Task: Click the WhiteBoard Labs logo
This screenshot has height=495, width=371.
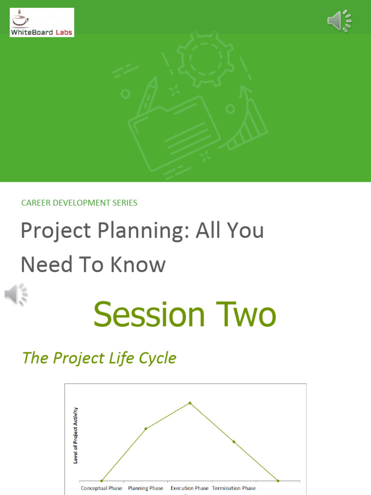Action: (x=42, y=22)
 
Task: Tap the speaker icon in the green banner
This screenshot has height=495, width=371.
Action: (x=339, y=21)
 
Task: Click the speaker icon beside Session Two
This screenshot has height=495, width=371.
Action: (x=16, y=294)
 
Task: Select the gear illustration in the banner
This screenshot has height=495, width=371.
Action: (x=205, y=59)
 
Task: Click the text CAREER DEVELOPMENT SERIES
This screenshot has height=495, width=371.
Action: (x=79, y=203)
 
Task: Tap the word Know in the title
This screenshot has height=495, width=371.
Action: (x=140, y=264)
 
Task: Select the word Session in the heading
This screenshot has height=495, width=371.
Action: (x=149, y=315)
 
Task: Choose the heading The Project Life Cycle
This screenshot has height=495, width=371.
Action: (x=99, y=358)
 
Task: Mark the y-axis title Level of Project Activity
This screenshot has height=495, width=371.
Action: (x=76, y=436)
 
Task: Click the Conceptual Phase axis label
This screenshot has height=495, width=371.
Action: (x=101, y=488)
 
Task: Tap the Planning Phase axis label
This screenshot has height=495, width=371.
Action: (x=145, y=488)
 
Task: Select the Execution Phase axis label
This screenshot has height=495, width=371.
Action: (x=189, y=488)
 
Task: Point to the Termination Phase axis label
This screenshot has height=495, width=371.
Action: (x=234, y=488)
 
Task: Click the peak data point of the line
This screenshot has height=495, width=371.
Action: (x=190, y=403)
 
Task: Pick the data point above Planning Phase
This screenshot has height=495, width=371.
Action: (x=145, y=428)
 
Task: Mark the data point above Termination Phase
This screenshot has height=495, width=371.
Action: (x=234, y=442)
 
